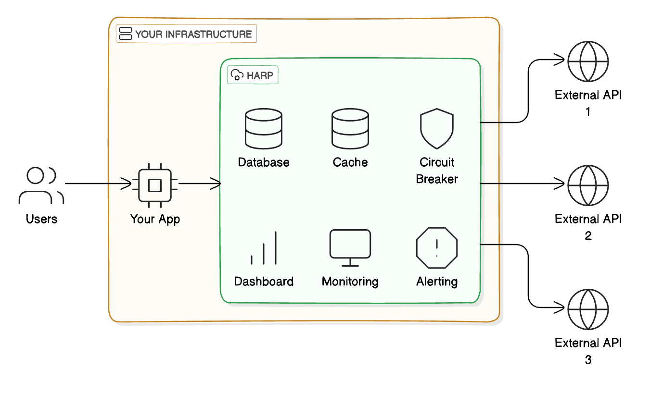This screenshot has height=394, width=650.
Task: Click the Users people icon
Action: (41, 185)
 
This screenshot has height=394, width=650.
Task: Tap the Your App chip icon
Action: (154, 185)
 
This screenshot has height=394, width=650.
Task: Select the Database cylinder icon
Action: (264, 128)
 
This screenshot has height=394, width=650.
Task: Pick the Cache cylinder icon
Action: (350, 128)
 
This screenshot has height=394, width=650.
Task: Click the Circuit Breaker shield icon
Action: (437, 129)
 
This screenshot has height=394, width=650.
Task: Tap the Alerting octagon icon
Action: (437, 248)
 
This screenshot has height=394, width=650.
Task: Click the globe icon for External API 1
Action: (588, 62)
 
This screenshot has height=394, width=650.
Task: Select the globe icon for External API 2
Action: (588, 185)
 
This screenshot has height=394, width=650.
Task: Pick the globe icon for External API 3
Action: (588, 309)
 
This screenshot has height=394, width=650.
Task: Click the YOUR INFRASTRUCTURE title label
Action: (193, 34)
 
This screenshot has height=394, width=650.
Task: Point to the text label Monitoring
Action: (350, 282)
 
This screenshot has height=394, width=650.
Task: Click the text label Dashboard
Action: (264, 282)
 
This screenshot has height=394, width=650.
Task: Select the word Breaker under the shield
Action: (437, 179)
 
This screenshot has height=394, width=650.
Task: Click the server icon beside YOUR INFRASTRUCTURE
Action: (126, 34)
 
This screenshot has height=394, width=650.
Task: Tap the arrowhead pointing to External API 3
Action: (560, 307)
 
